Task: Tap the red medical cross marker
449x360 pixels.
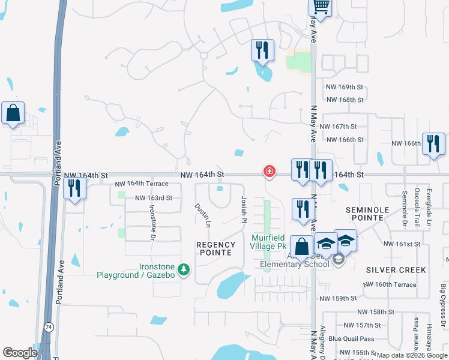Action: point(270,172)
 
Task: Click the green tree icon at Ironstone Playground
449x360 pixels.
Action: point(184,270)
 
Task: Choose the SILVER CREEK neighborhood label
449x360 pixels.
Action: point(396,270)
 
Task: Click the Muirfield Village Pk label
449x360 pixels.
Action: point(268,242)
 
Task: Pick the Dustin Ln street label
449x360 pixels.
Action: point(202,215)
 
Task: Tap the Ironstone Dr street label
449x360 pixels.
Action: point(152,221)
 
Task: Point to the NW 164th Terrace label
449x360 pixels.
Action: point(142,184)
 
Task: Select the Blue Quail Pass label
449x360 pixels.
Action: point(351,339)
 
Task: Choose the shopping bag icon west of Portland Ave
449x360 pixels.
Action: point(13,113)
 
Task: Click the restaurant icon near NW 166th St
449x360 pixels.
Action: point(433,144)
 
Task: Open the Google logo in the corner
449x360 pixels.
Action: point(20,353)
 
